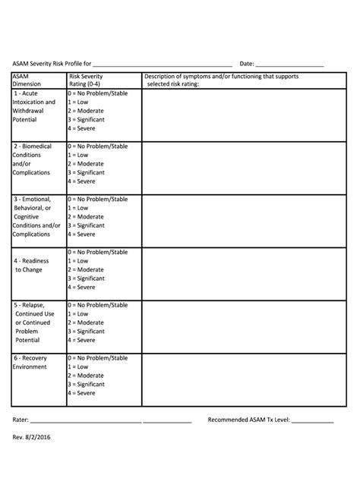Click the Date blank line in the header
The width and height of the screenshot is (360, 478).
(289, 65)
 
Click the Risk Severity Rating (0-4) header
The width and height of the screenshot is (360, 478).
(86, 80)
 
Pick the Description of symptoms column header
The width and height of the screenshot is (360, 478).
(222, 80)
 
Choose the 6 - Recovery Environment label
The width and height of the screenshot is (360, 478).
(30, 362)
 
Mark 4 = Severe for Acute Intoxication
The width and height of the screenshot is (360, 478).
(81, 128)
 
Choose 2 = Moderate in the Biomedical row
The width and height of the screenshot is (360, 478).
(85, 164)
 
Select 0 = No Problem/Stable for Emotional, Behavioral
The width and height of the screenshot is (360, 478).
(97, 199)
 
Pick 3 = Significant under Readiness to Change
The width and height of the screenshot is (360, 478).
(86, 278)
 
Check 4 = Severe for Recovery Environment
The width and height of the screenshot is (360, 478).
(81, 393)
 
